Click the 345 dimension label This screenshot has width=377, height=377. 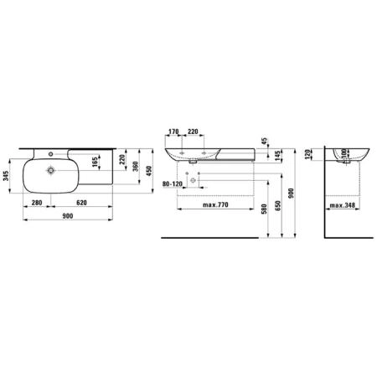[6, 176]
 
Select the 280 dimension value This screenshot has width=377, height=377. [37, 203]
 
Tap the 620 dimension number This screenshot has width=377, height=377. [81, 203]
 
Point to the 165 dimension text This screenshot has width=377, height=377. [95, 163]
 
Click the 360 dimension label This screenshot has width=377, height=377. [135, 167]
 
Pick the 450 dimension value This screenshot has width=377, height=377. [148, 171]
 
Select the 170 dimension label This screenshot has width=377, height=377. [173, 132]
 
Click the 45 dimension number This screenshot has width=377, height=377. [264, 141]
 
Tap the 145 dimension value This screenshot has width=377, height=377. [277, 156]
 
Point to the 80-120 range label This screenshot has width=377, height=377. [172, 183]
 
